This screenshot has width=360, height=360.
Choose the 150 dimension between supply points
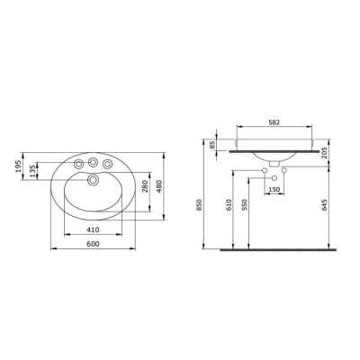tap(274, 190)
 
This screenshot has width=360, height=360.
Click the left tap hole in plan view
tap(78, 164)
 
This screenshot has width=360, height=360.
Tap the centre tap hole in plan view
tap(94, 162)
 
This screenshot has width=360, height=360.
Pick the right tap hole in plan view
tap(109, 164)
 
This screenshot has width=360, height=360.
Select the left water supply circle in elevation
tap(264, 171)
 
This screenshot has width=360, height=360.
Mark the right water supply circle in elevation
tap(285, 171)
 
